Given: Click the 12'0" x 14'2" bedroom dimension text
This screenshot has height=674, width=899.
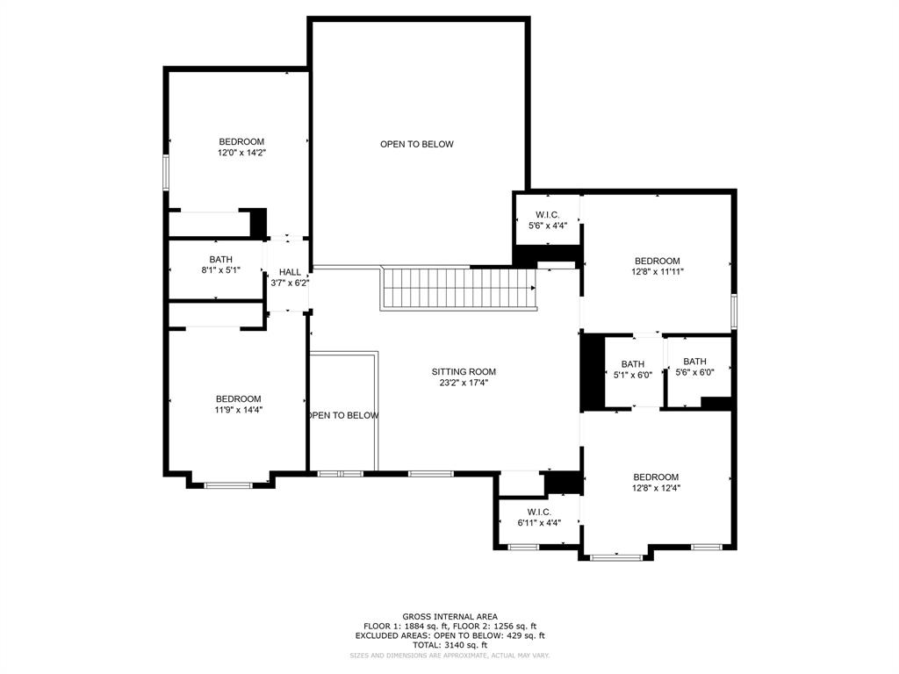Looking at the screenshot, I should click(x=241, y=153).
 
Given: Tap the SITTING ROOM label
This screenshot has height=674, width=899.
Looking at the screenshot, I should click(x=464, y=371).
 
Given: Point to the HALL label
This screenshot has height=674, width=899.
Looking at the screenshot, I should click(x=290, y=272).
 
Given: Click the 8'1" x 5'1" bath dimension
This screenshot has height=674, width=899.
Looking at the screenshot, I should click(x=220, y=270).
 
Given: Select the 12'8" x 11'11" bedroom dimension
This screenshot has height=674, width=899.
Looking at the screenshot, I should click(x=658, y=272).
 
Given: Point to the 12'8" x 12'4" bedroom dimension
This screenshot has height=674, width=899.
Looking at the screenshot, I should click(x=656, y=488).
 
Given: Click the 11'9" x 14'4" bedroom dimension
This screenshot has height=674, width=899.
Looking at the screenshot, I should click(x=239, y=410).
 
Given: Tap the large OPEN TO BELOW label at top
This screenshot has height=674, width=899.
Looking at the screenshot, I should click(x=417, y=144).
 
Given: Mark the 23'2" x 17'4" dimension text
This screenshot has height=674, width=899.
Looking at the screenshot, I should click(x=464, y=383).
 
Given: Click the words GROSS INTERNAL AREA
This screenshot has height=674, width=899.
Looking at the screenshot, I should click(x=449, y=616).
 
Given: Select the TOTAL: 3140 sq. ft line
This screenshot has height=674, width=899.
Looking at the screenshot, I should click(x=449, y=645).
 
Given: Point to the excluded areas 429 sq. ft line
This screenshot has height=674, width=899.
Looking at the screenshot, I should click(x=449, y=635).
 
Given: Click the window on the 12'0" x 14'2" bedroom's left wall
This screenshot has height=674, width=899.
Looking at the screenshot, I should click(x=165, y=172).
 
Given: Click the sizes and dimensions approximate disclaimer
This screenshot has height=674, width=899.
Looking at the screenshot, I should click(x=449, y=656).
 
